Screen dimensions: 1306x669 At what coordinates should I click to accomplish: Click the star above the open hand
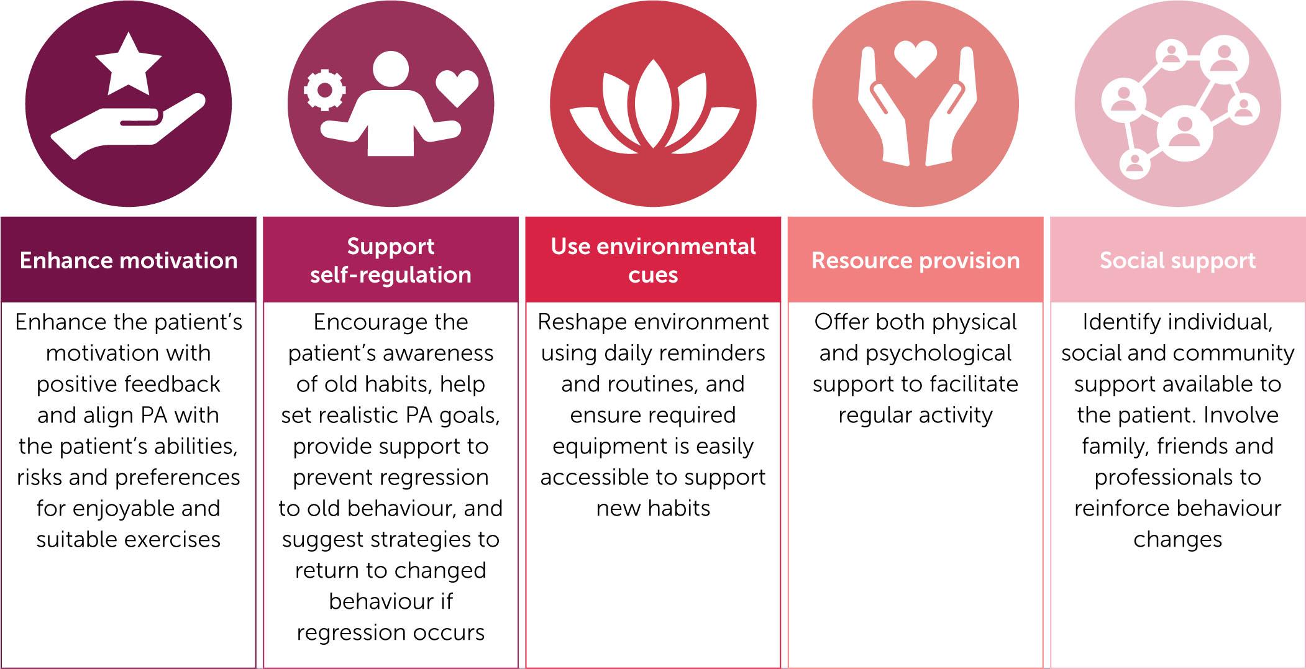click(129, 65)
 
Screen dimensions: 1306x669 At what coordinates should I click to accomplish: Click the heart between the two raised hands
click(915, 59)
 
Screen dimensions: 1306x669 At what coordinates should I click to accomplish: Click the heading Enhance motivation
click(129, 260)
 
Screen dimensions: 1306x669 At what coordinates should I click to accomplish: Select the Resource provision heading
click(916, 260)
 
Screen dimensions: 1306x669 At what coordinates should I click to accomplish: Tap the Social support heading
click(1178, 260)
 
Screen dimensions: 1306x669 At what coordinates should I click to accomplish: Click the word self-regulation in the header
click(391, 275)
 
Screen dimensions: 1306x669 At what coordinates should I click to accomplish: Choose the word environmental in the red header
click(675, 247)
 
